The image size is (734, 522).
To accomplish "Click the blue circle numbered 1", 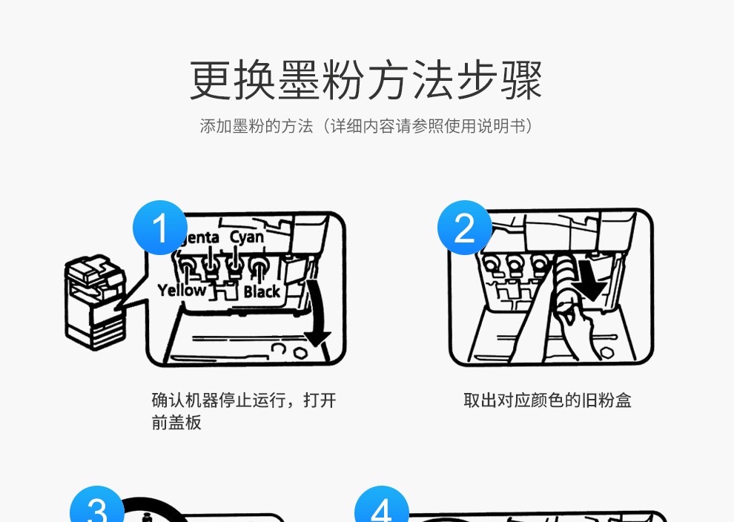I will click(x=160, y=228).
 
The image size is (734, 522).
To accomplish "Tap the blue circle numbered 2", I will click(x=465, y=228).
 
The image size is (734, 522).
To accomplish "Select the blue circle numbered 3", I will click(x=97, y=509).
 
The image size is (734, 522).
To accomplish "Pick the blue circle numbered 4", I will click(x=382, y=509).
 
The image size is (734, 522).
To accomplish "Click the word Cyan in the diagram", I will click(x=246, y=237).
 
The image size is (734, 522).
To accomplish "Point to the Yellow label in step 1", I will click(x=182, y=290).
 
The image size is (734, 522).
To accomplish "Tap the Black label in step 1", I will click(x=262, y=291).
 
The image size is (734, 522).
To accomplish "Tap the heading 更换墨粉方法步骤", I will click(x=366, y=80).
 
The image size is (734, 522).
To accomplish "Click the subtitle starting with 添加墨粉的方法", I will click(x=366, y=126).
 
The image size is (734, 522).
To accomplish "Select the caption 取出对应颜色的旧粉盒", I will click(x=547, y=401).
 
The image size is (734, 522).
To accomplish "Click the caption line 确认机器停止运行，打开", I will click(x=244, y=401).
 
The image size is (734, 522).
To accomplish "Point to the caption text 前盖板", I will click(x=176, y=423).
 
